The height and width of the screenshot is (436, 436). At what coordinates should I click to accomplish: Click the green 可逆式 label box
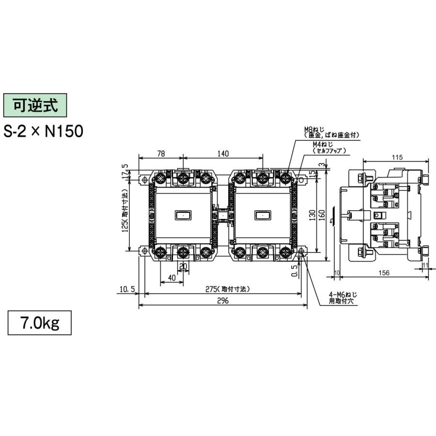(x=34, y=105)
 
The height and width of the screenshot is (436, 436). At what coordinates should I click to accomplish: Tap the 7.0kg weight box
(x=40, y=323)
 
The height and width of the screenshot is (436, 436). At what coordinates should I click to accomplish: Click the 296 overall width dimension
(x=223, y=301)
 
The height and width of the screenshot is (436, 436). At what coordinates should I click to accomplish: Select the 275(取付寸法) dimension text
(x=227, y=289)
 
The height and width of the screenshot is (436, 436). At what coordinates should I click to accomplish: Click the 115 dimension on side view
(x=397, y=157)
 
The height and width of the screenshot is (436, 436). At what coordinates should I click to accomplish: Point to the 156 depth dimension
(x=383, y=273)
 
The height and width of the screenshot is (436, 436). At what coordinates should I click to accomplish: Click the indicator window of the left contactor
(x=183, y=215)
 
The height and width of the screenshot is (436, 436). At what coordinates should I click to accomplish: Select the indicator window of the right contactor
(x=263, y=215)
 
